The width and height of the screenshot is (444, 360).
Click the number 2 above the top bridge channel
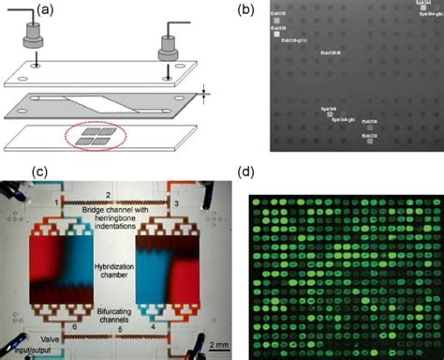(x=111, y=194)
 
